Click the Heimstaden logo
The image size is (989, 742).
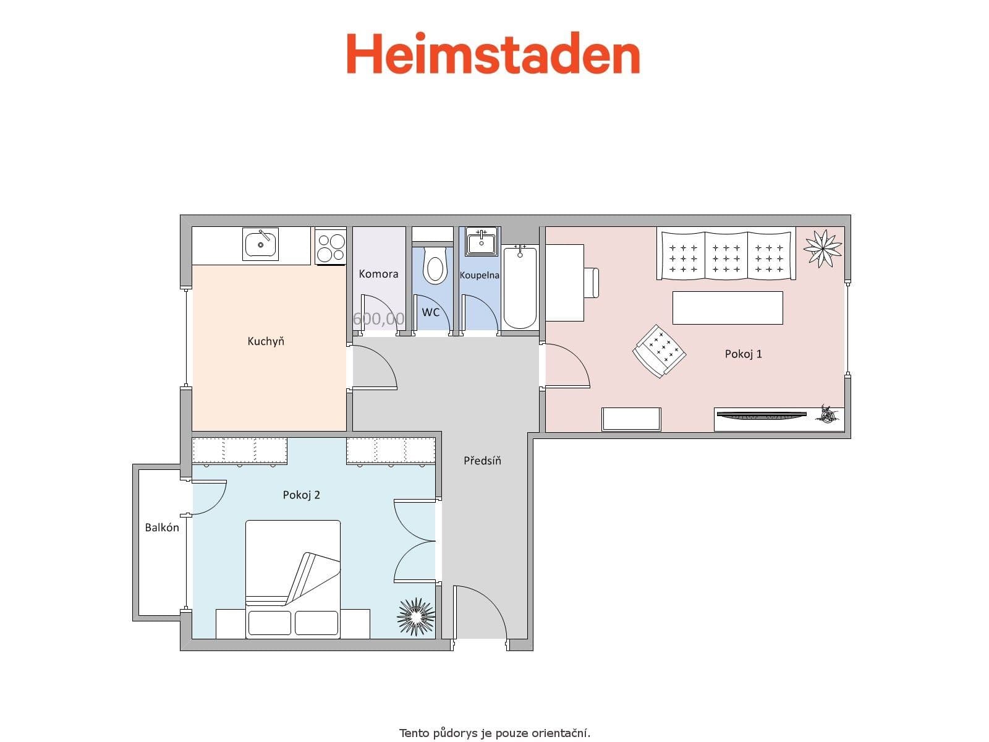click(493, 54)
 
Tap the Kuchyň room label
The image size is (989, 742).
click(266, 341)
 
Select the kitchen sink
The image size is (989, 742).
click(261, 244)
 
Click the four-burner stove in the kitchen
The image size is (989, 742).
click(331, 247)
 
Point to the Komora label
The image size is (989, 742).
click(378, 274)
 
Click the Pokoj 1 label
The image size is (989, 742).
click(743, 354)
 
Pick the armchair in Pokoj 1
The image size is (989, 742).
click(660, 351)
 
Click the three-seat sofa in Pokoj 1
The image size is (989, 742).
click(726, 255)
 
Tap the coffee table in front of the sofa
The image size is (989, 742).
click(728, 307)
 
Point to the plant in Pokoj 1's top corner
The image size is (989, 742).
click(823, 248)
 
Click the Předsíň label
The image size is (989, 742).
click(482, 461)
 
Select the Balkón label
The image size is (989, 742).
click(162, 527)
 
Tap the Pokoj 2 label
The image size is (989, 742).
click(302, 495)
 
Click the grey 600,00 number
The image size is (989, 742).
click(378, 319)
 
